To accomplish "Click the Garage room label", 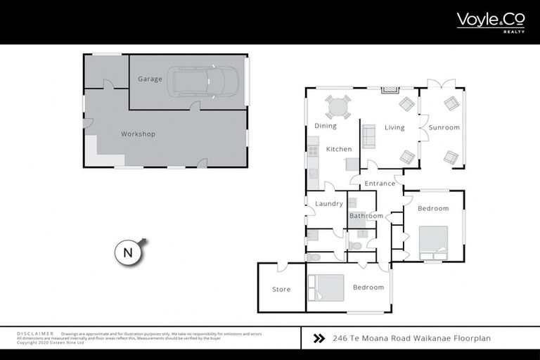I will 150,79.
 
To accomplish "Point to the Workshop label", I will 138,134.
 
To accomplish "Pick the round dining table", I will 338,108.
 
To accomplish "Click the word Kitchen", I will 338,149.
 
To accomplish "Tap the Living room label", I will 394,127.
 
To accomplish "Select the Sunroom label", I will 444,127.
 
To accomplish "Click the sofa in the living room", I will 368,134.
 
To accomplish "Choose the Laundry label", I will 328,204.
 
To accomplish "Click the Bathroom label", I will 366,216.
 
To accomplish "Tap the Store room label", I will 281,289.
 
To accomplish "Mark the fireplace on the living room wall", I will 389,90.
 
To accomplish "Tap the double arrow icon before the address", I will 319,338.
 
